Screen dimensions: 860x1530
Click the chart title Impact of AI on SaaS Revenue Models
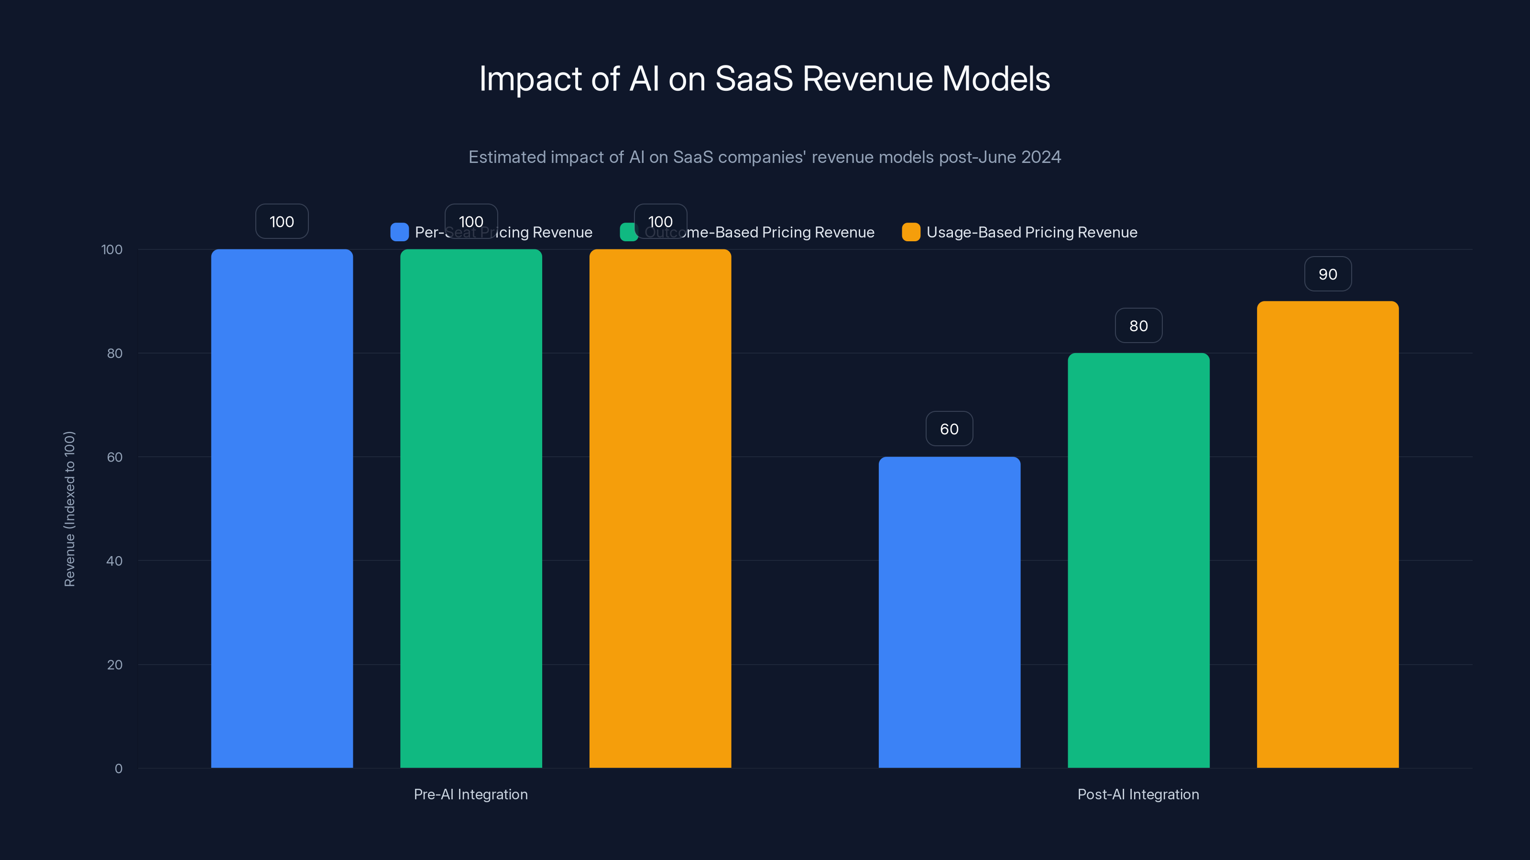pyautogui.click(x=765, y=79)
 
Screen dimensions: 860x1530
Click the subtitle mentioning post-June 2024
pyautogui.click(x=765, y=157)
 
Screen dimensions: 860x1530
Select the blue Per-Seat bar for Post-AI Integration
pyautogui.click(x=949, y=612)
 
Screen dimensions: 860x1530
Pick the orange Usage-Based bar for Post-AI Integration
pyautogui.click(x=1327, y=534)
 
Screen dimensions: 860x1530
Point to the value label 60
pyautogui.click(x=949, y=429)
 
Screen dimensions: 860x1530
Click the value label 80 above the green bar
pyautogui.click(x=1138, y=326)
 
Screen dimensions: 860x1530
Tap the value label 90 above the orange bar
pyautogui.click(x=1327, y=274)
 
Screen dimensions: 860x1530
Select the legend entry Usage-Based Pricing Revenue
pyautogui.click(x=1031, y=232)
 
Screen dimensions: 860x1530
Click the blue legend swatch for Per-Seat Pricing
pyautogui.click(x=399, y=232)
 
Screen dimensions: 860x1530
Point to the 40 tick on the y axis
pyautogui.click(x=114, y=561)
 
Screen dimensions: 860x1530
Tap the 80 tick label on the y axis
pyautogui.click(x=114, y=354)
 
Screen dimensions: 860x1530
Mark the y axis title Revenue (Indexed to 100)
pyautogui.click(x=69, y=509)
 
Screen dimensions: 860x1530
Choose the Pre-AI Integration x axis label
pyautogui.click(x=470, y=794)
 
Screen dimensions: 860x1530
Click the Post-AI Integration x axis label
pyautogui.click(x=1138, y=794)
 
